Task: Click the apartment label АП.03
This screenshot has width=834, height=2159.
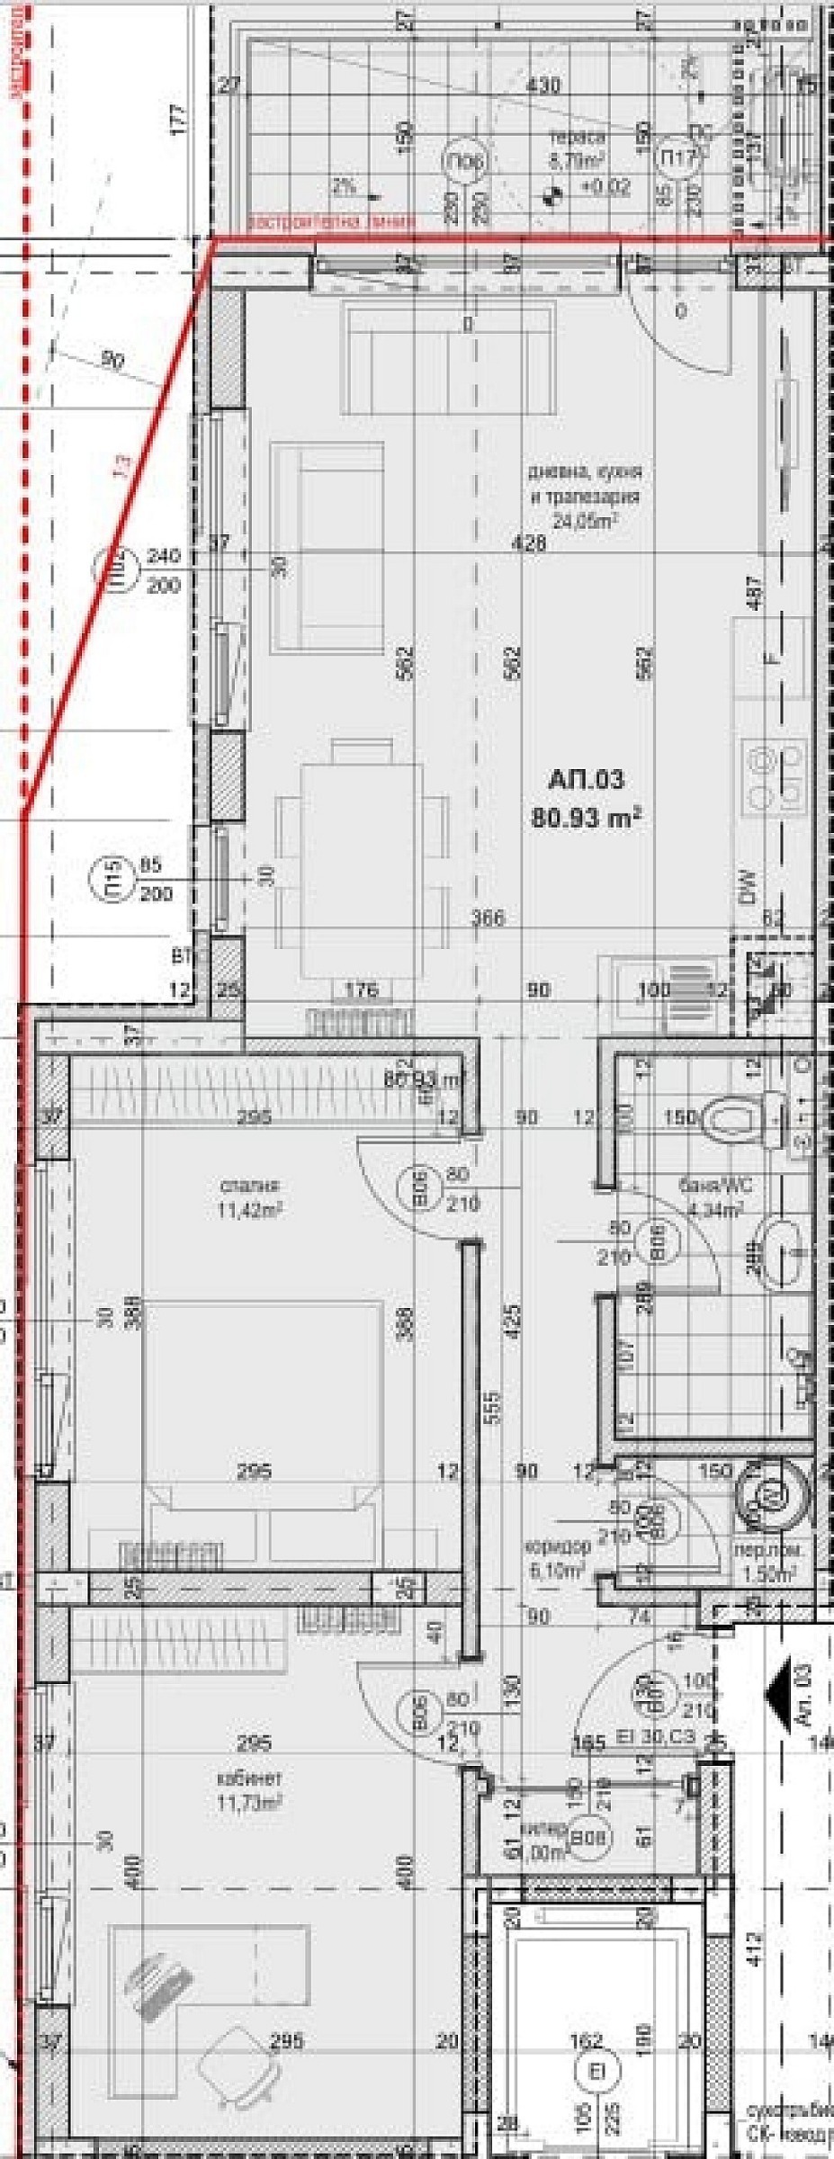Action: tap(585, 778)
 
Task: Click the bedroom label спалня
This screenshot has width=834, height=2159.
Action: tap(237, 1185)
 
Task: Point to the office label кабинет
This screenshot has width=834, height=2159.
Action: tap(238, 1778)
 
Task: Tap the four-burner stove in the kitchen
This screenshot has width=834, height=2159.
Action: tap(775, 774)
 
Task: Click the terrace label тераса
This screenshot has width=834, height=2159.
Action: tap(578, 138)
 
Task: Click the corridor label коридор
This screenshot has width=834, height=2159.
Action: tap(558, 1547)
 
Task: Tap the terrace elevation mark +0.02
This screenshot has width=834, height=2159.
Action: tap(605, 188)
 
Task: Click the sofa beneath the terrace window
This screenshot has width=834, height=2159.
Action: tap(447, 357)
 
